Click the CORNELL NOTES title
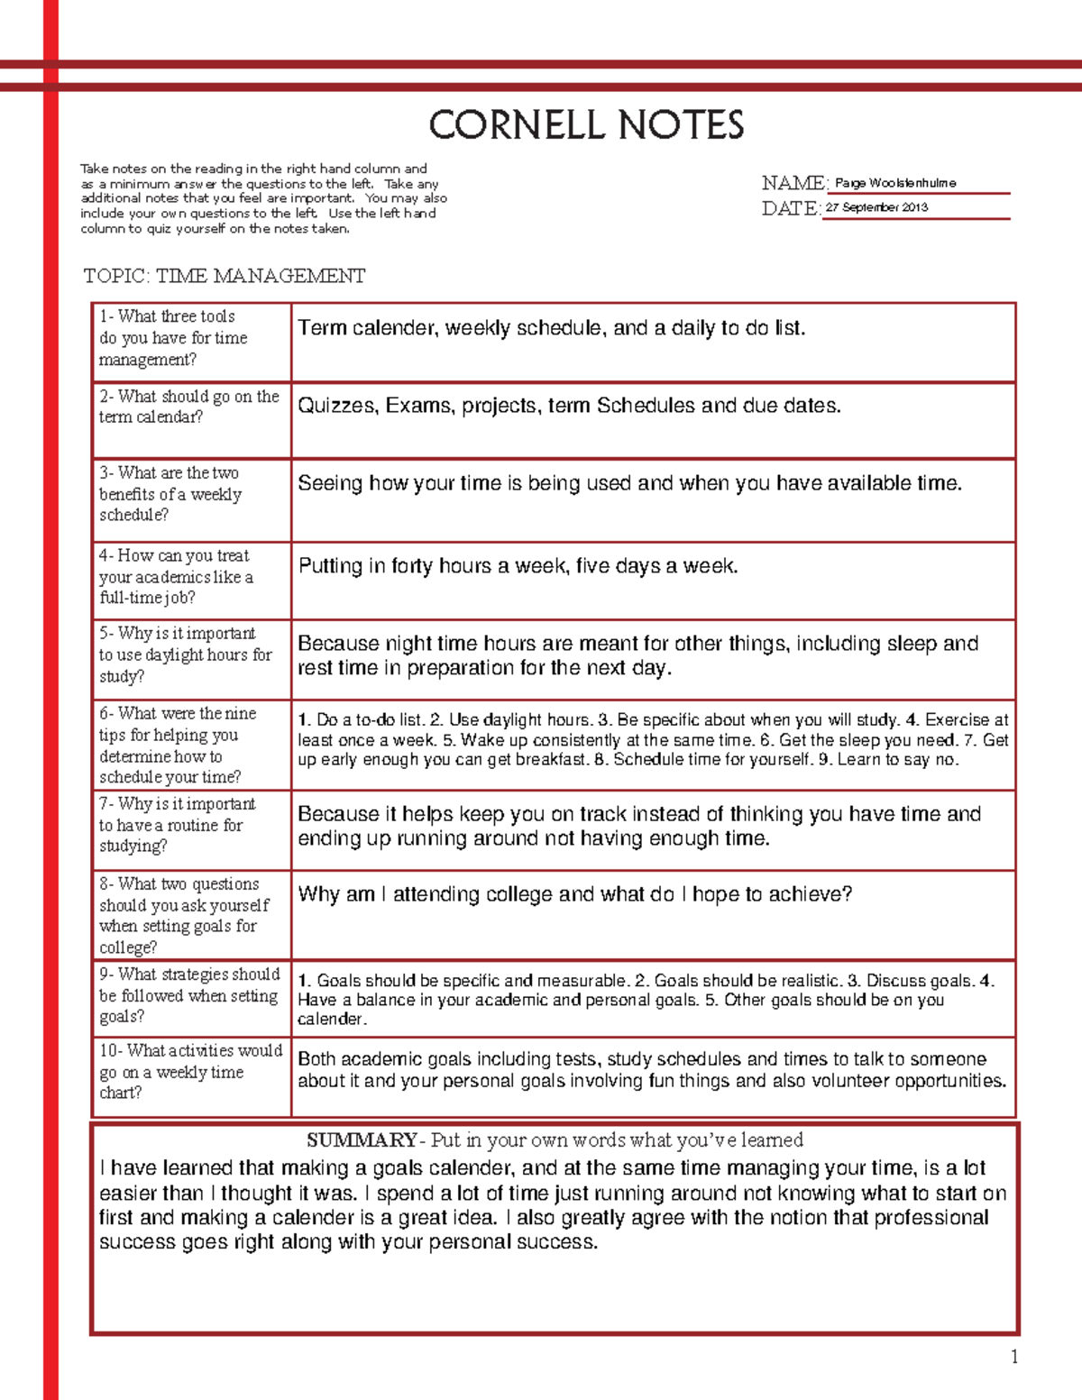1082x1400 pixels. [x=586, y=125]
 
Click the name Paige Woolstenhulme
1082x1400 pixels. [x=894, y=183]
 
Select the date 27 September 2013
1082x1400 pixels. [x=876, y=207]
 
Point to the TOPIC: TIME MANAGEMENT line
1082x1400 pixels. [x=225, y=276]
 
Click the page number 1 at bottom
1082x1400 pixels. [x=1014, y=1357]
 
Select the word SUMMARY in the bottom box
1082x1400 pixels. [x=361, y=1140]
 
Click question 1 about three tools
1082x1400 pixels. [x=172, y=338]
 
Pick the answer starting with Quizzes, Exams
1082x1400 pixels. [x=569, y=406]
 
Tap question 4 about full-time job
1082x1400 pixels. [x=176, y=577]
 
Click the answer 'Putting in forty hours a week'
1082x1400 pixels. [x=518, y=566]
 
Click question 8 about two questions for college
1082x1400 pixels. [x=183, y=915]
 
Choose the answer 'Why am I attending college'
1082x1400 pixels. [x=574, y=894]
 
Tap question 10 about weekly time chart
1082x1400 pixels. [x=190, y=1072]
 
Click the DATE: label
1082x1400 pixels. [x=790, y=208]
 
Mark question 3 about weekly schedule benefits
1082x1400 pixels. [x=170, y=494]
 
